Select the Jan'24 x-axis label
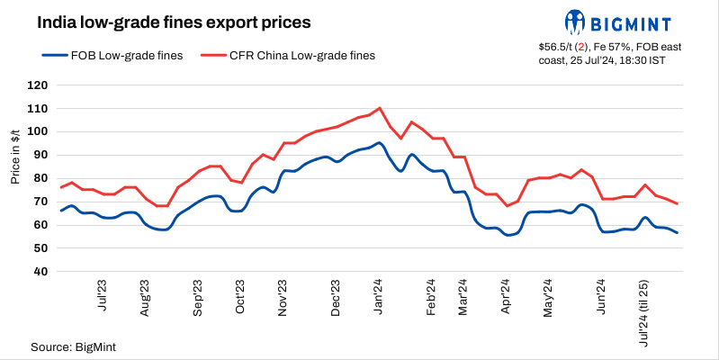pyautogui.click(x=380, y=298)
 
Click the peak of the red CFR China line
pyautogui.click(x=380, y=108)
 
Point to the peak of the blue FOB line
pyautogui.click(x=379, y=142)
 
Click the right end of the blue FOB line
pyautogui.click(x=678, y=233)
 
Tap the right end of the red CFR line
pyautogui.click(x=678, y=203)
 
